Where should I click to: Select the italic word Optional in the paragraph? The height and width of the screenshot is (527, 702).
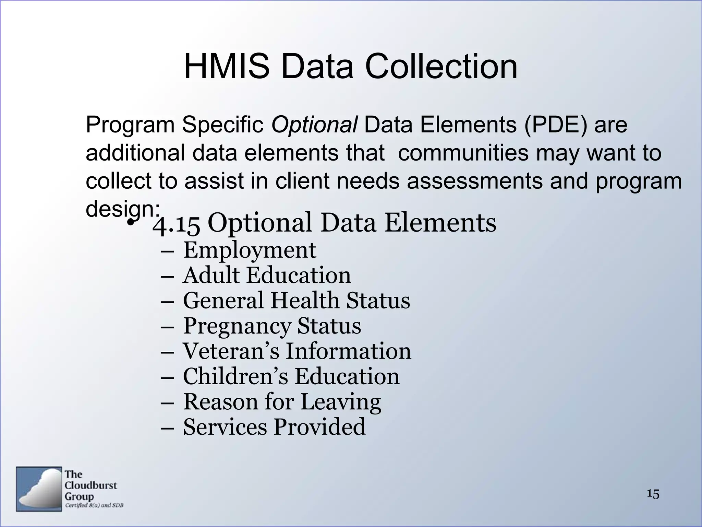(314, 125)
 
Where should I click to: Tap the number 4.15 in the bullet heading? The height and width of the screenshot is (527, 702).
(176, 223)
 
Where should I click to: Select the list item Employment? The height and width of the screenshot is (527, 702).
(250, 250)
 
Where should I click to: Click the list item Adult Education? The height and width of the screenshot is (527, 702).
(267, 276)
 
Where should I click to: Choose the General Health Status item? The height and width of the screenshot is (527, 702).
(296, 301)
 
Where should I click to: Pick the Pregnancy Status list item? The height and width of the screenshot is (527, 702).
(272, 326)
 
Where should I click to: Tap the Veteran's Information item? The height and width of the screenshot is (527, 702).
(297, 351)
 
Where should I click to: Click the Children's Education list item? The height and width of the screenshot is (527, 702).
(291, 376)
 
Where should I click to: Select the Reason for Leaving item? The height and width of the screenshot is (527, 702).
(282, 402)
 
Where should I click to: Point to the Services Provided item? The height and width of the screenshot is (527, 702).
(274, 427)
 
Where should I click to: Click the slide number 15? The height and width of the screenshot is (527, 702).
(653, 494)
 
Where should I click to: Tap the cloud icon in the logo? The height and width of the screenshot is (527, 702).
(39, 489)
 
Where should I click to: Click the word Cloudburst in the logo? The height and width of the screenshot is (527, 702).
(91, 485)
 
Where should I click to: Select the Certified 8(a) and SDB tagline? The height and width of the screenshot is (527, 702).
(94, 505)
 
